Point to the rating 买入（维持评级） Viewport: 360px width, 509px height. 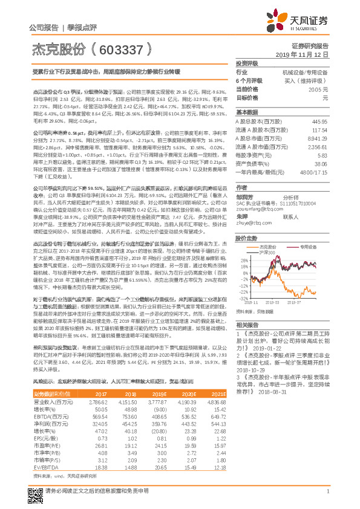point(309,80)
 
